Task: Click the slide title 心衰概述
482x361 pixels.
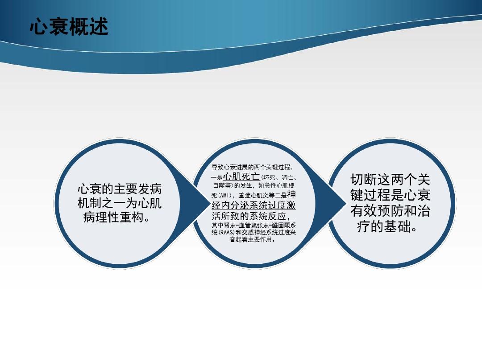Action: coord(69,27)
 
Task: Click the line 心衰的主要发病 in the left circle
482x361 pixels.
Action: coord(120,189)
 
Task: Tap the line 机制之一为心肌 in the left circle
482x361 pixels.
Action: coord(120,203)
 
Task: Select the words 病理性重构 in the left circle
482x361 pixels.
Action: coord(113,217)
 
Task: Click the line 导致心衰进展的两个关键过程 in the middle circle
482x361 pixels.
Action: coord(251,167)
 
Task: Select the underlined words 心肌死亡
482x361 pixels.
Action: coord(241,176)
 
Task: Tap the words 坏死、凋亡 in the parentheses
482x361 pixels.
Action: coord(278,177)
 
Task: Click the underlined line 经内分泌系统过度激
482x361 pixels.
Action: coord(253,205)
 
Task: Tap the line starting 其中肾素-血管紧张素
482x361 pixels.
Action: coord(253,226)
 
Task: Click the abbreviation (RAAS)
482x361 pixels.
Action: coord(227,233)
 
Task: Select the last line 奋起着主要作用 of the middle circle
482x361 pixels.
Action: coord(251,239)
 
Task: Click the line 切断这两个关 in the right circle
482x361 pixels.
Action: coord(390,180)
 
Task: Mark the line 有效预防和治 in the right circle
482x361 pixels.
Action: coord(390,211)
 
